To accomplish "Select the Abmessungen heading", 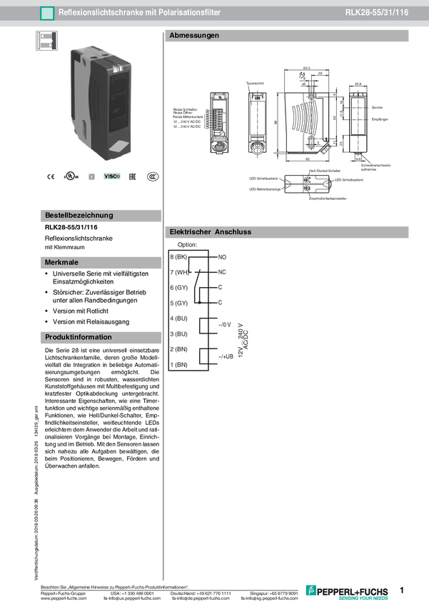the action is [194, 36].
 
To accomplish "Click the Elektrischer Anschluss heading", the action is [211, 232].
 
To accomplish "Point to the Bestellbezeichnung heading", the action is [79, 215].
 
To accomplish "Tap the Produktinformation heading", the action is [79, 337].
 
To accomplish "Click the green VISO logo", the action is [112, 176].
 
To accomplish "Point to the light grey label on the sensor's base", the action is [119, 148].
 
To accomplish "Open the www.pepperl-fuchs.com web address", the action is [64, 598].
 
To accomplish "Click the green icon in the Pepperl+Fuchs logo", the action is [311, 591].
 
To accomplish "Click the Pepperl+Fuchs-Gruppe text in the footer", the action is [62, 593].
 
